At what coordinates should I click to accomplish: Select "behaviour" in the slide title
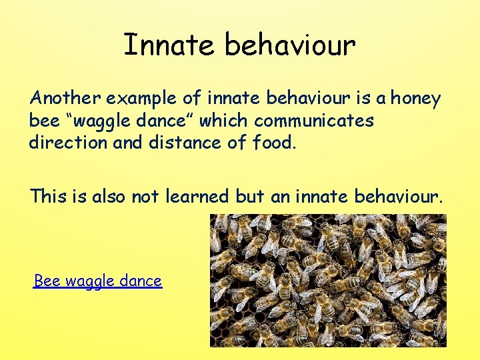tap(290, 45)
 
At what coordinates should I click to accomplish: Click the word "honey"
tap(415, 99)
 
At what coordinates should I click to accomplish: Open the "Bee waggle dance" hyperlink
tap(98, 281)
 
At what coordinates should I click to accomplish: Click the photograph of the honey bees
tap(328, 280)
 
